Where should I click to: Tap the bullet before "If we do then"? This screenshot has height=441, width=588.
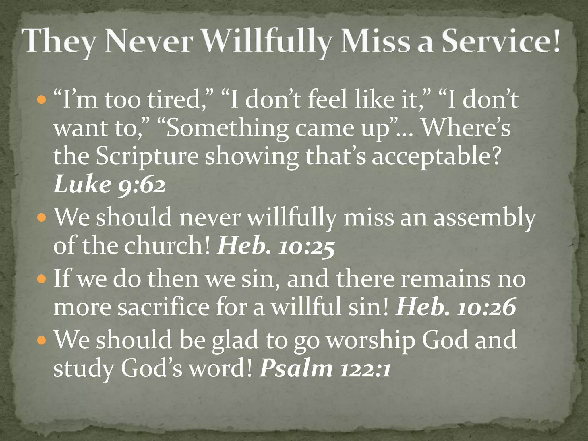pos(42,279)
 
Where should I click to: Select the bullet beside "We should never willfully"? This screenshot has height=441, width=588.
pos(42,218)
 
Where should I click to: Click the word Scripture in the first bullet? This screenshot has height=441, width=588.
pos(147,157)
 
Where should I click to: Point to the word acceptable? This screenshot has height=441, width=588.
pos(436,157)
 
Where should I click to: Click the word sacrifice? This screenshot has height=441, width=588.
pos(164,307)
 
